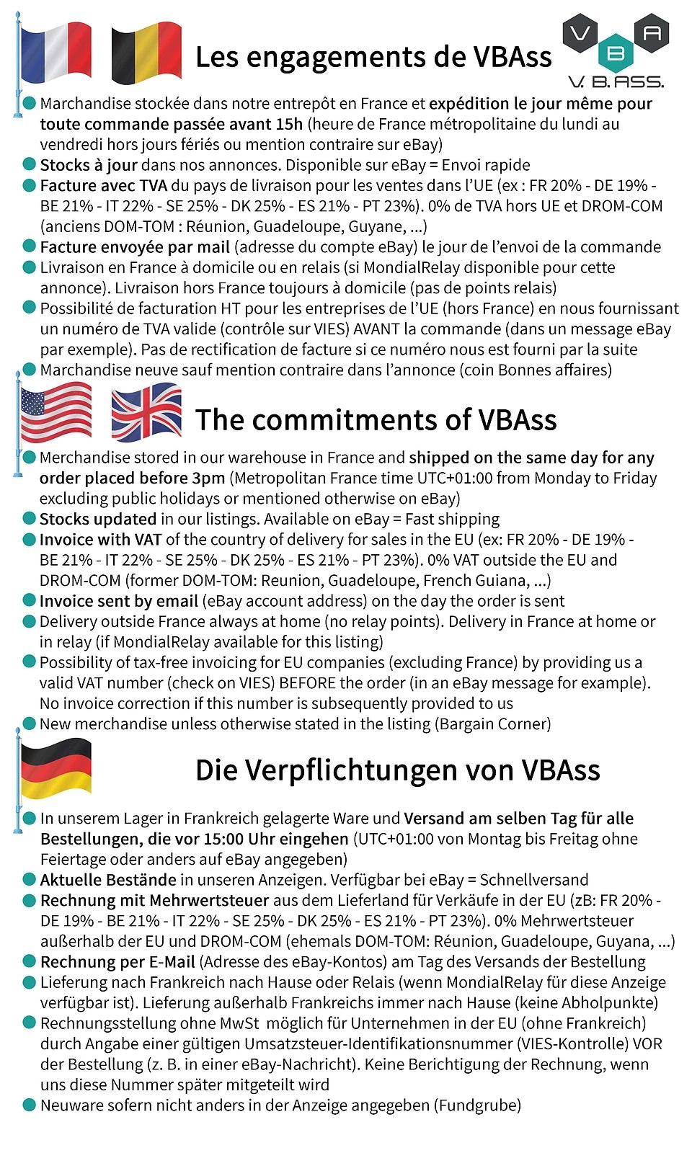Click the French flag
point(56,52)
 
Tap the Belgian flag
point(146,52)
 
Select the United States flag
point(56,411)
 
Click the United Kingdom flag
point(146,411)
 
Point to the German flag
point(56,767)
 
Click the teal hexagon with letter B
point(616,53)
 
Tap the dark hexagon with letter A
point(652,32)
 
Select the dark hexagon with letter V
point(581,33)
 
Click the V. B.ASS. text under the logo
point(616,81)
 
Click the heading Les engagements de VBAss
point(373,57)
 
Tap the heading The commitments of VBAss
point(376,419)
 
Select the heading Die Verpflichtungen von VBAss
point(397,770)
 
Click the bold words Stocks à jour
point(89,165)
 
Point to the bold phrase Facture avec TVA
point(103,186)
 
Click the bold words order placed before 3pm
point(132,478)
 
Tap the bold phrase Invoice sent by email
point(118,601)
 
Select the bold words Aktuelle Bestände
point(108,880)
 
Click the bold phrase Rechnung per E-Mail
point(117,962)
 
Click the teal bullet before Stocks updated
point(29,518)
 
